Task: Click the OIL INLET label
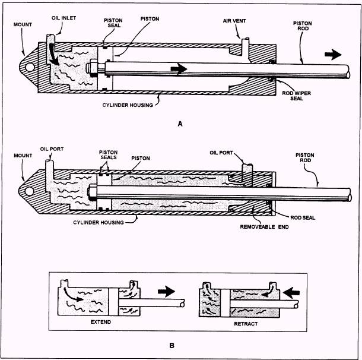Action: [x=63, y=18]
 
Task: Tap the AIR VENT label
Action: [x=234, y=21]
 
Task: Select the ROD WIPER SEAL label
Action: [x=297, y=96]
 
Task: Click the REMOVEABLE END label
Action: [x=264, y=227]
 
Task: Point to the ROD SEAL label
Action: [x=303, y=217]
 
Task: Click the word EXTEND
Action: [x=101, y=322]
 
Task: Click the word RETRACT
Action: [x=246, y=324]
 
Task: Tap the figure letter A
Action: [x=180, y=124]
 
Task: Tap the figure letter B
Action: [x=172, y=345]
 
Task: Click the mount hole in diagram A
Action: [x=30, y=67]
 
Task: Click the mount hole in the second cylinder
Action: [x=29, y=191]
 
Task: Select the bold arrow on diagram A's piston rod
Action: [x=179, y=68]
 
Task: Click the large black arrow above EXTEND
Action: [x=166, y=292]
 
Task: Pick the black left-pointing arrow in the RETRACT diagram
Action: [x=291, y=293]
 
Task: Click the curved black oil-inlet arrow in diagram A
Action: [x=53, y=55]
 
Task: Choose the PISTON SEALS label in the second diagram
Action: [x=108, y=155]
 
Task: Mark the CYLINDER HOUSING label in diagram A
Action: [x=128, y=105]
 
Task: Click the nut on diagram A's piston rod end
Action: [x=93, y=68]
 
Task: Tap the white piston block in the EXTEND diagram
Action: [x=113, y=302]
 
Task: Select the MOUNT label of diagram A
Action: [x=23, y=24]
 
